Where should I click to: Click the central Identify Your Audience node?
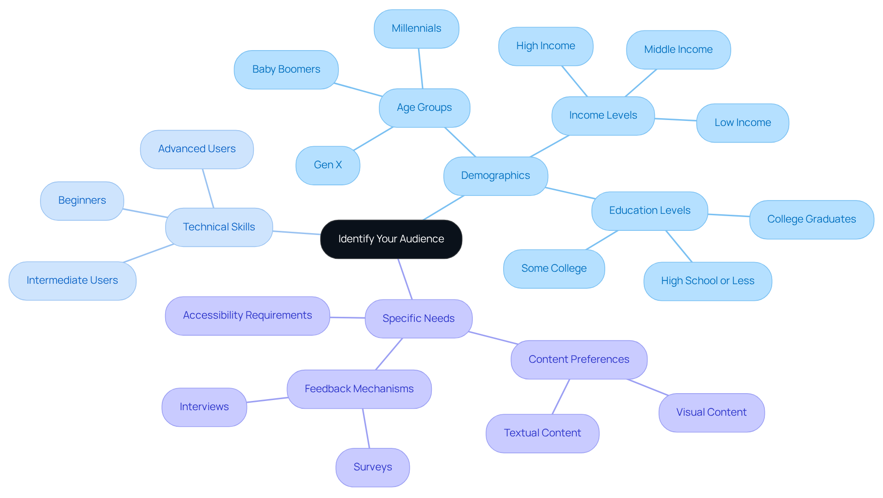point(391,239)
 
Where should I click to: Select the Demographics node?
point(495,176)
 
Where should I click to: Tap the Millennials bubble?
point(416,29)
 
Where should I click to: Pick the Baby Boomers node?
point(286,69)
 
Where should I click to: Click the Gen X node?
point(327,165)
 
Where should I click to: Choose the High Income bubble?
point(545,46)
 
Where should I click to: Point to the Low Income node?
point(742,123)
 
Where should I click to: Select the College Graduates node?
point(811,219)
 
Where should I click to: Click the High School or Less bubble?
point(707,281)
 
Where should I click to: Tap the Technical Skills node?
point(219,227)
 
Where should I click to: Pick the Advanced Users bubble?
point(197,149)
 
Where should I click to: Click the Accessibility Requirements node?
point(247,315)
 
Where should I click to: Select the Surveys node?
point(373,467)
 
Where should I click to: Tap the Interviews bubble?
point(204,407)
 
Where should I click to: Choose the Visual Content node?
point(711,412)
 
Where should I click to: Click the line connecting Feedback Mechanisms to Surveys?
point(366,429)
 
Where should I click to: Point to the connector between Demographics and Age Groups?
point(460,142)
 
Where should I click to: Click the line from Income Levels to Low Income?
point(675,120)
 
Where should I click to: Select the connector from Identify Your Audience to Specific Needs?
point(405,279)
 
